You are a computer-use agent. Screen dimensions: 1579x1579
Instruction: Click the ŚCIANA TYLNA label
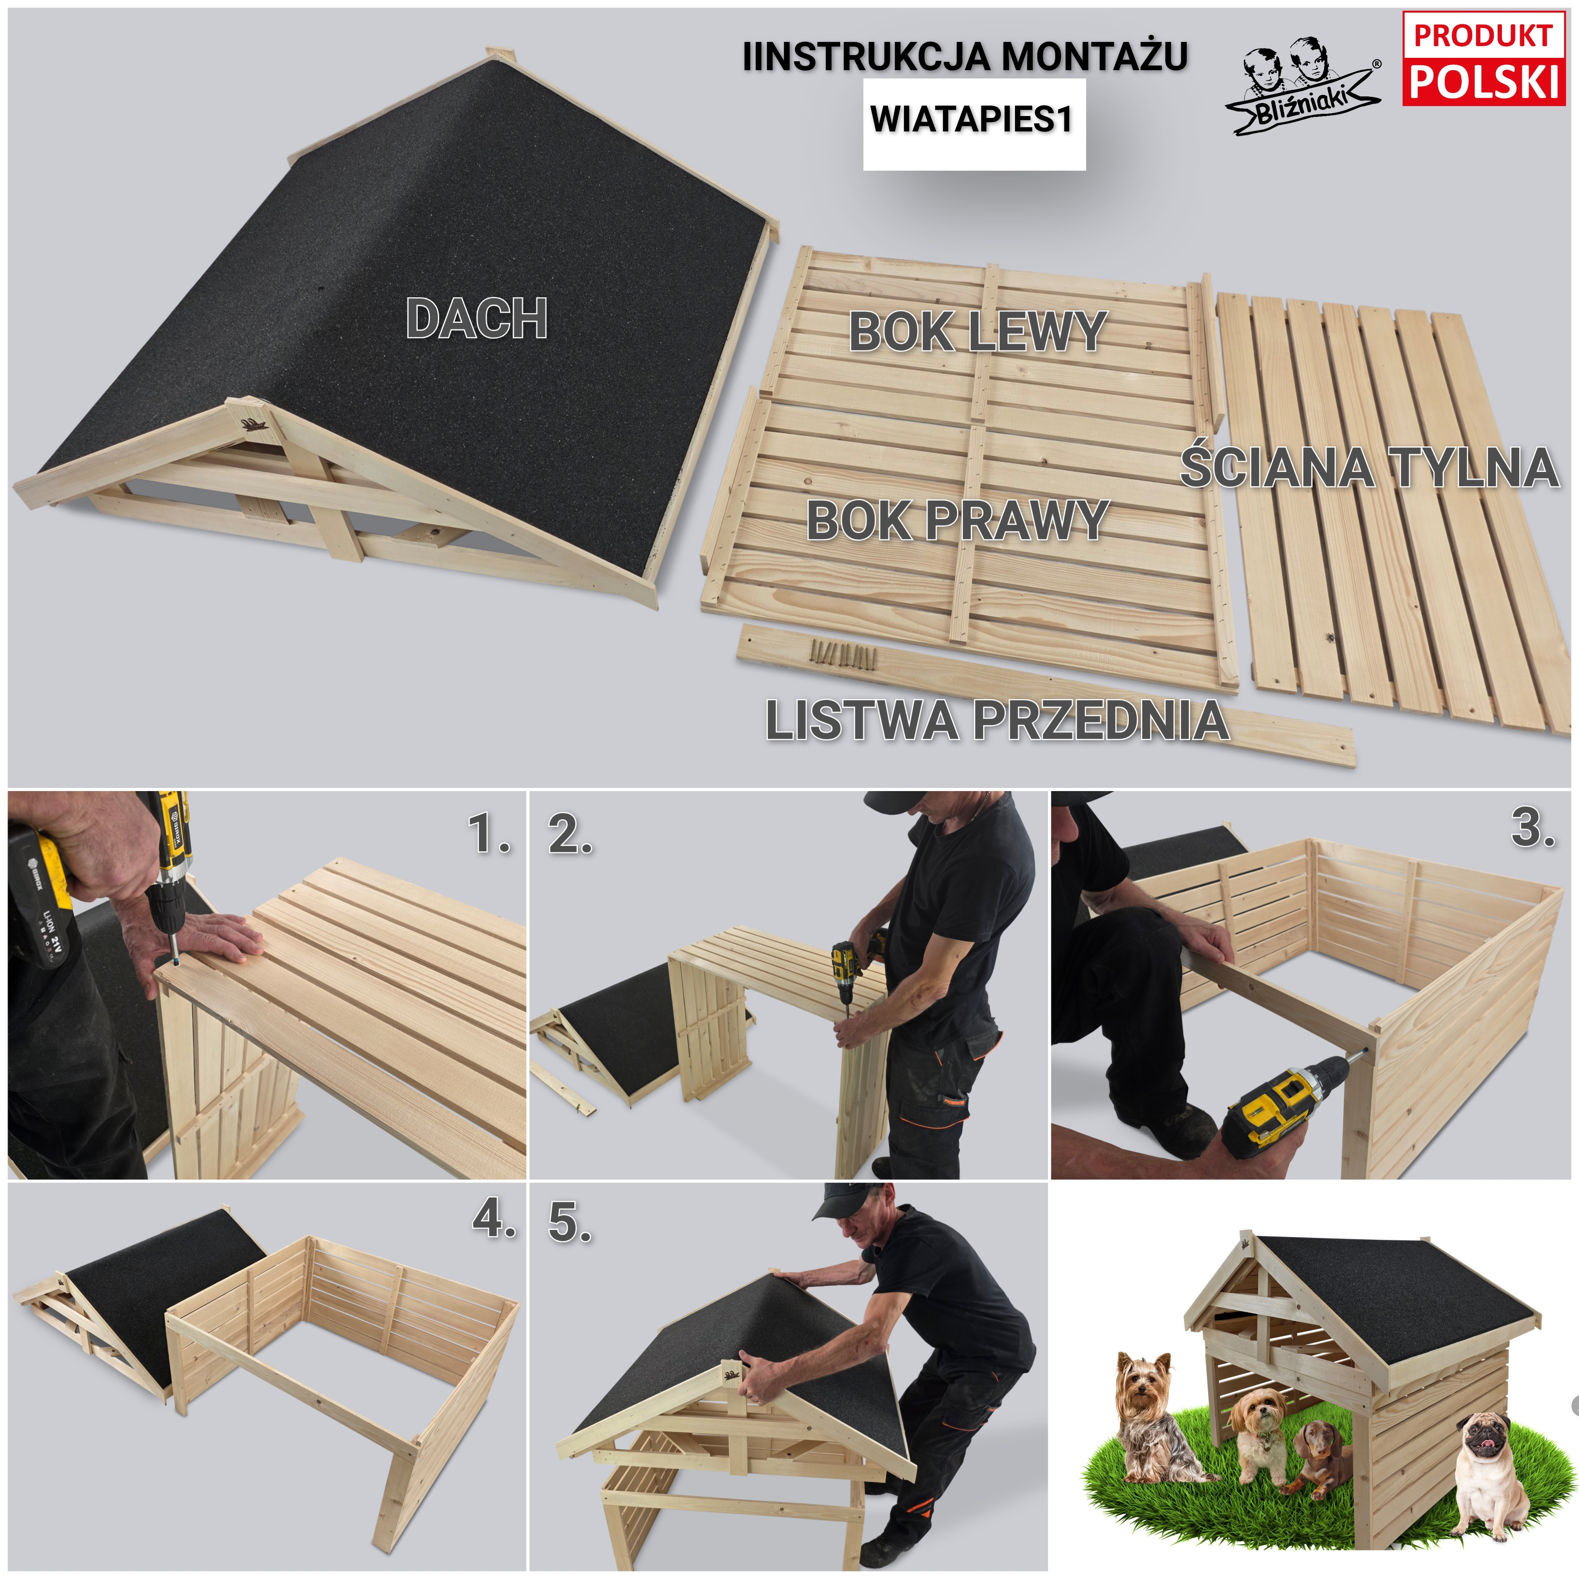click(x=1370, y=468)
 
